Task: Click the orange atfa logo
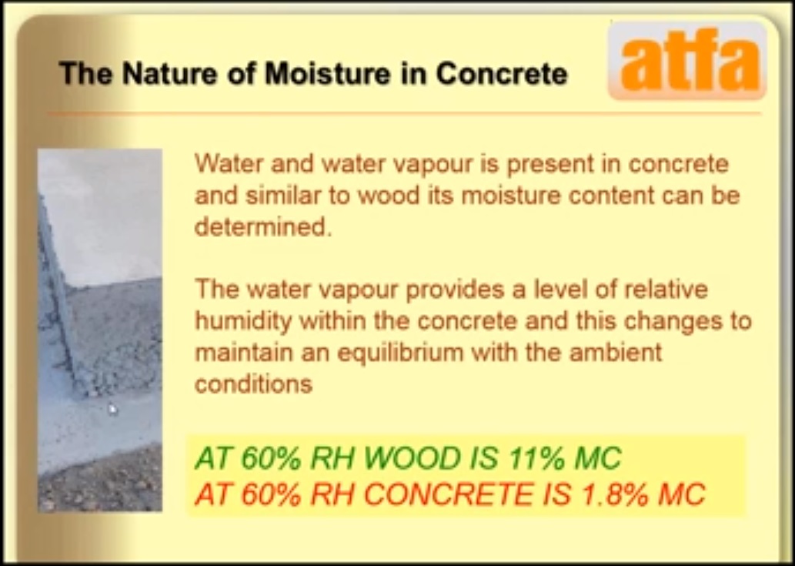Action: (x=687, y=60)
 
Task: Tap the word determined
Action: (x=263, y=226)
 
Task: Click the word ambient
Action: (x=616, y=351)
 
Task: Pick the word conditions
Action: (x=253, y=384)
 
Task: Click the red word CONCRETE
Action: (x=448, y=493)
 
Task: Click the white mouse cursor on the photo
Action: (x=112, y=409)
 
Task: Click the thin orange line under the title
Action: (x=405, y=113)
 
